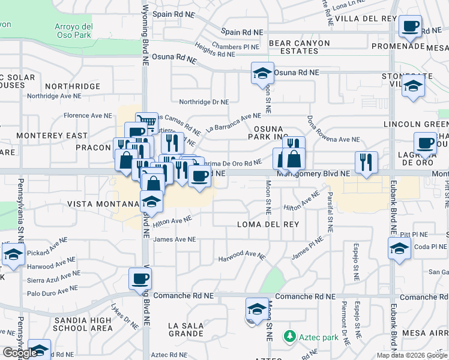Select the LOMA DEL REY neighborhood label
(x=268, y=224)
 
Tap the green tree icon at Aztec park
(x=290, y=335)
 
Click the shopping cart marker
(x=146, y=122)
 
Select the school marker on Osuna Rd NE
(x=262, y=73)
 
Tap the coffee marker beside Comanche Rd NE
(x=140, y=278)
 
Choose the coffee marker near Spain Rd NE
(x=411, y=26)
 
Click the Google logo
(x=19, y=353)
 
